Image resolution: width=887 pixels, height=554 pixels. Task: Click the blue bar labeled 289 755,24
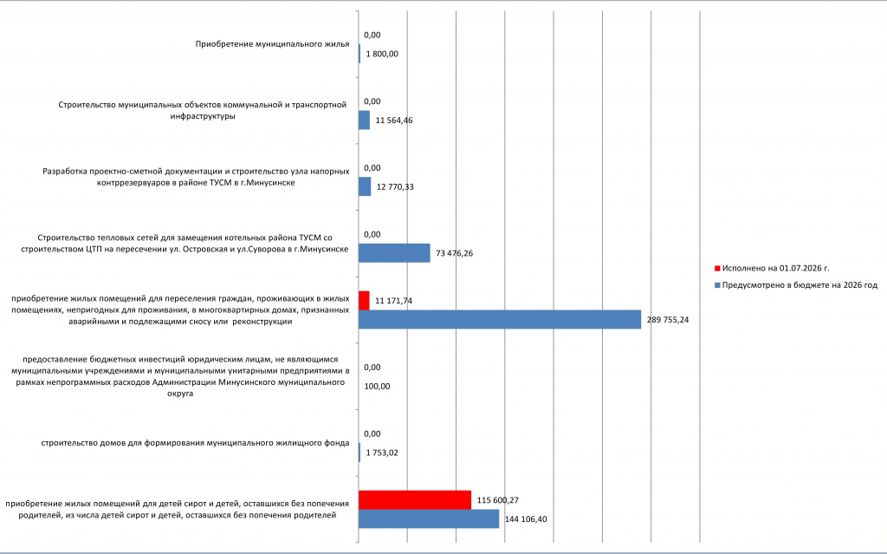click(x=500, y=320)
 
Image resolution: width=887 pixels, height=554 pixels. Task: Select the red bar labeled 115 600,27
click(x=415, y=499)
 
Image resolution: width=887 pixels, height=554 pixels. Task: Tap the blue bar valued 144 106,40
click(x=429, y=518)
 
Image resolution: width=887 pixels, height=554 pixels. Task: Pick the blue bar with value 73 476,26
click(x=394, y=253)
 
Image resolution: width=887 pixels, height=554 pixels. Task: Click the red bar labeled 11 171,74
click(x=364, y=300)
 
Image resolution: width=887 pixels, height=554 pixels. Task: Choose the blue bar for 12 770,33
click(x=365, y=186)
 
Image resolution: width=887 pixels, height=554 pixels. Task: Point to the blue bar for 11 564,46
click(x=365, y=121)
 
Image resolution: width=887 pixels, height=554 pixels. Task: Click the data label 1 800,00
click(x=382, y=54)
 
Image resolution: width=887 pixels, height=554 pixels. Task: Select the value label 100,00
click(x=377, y=387)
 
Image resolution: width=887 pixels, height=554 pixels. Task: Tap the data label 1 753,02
click(x=382, y=453)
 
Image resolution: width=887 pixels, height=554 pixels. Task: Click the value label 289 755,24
click(x=668, y=320)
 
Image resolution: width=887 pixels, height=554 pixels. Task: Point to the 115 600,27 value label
click(x=498, y=500)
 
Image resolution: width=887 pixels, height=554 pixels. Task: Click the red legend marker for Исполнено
click(x=717, y=269)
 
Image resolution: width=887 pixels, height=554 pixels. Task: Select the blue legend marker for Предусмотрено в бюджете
click(x=717, y=285)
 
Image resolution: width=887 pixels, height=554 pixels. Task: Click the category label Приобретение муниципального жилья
click(x=273, y=44)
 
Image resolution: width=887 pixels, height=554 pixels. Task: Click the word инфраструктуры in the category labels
click(x=203, y=116)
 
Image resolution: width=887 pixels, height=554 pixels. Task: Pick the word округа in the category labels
click(x=180, y=394)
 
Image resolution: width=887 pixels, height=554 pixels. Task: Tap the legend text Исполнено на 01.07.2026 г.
click(x=775, y=269)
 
